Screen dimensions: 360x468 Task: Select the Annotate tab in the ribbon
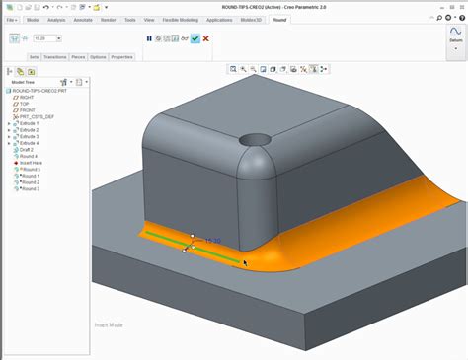[82, 19]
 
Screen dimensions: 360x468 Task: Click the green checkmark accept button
[195, 38]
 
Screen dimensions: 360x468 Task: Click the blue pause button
[150, 38]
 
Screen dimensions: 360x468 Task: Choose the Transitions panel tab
[55, 57]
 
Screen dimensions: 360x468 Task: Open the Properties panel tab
[121, 57]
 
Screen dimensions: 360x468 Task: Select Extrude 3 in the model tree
[30, 136]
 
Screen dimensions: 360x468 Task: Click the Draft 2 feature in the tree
[26, 150]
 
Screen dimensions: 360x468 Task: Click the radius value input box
[45, 38]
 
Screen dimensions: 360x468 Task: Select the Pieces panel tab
[78, 57]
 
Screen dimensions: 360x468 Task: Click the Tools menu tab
[129, 19]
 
